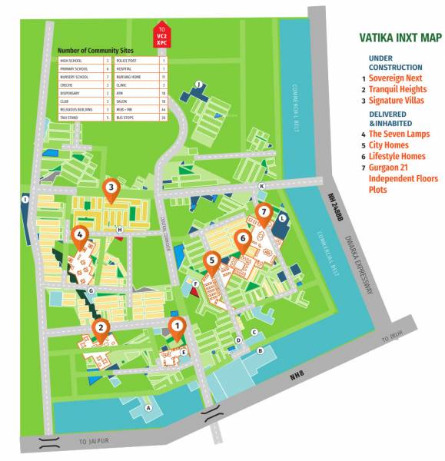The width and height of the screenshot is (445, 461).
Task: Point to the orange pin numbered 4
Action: pos(79,236)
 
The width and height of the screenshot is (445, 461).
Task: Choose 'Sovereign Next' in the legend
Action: pos(396,78)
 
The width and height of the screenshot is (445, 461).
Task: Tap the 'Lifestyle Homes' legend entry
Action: pos(397,156)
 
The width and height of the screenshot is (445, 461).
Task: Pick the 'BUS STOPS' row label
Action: pos(125,118)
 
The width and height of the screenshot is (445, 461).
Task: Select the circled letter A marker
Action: pos(148,408)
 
